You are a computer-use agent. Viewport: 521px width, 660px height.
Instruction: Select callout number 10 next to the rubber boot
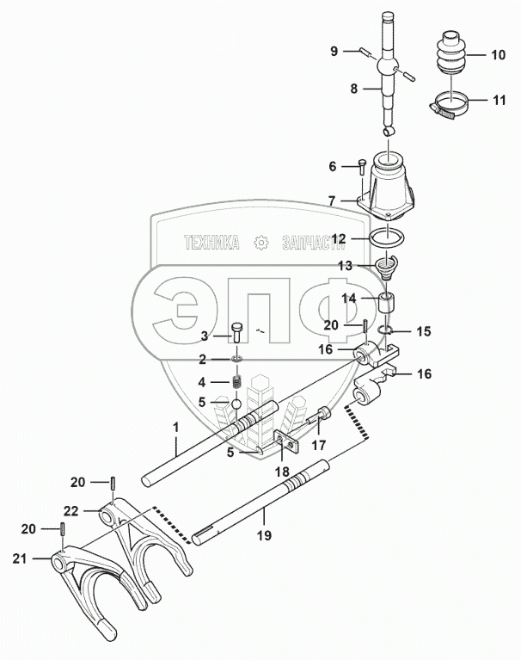(498, 54)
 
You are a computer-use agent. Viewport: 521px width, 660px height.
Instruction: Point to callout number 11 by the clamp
(498, 101)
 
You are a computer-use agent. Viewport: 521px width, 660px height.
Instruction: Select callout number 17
(319, 446)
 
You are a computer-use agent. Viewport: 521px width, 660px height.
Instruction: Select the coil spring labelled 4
(232, 380)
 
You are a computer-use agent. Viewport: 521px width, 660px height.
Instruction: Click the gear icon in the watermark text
(261, 244)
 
